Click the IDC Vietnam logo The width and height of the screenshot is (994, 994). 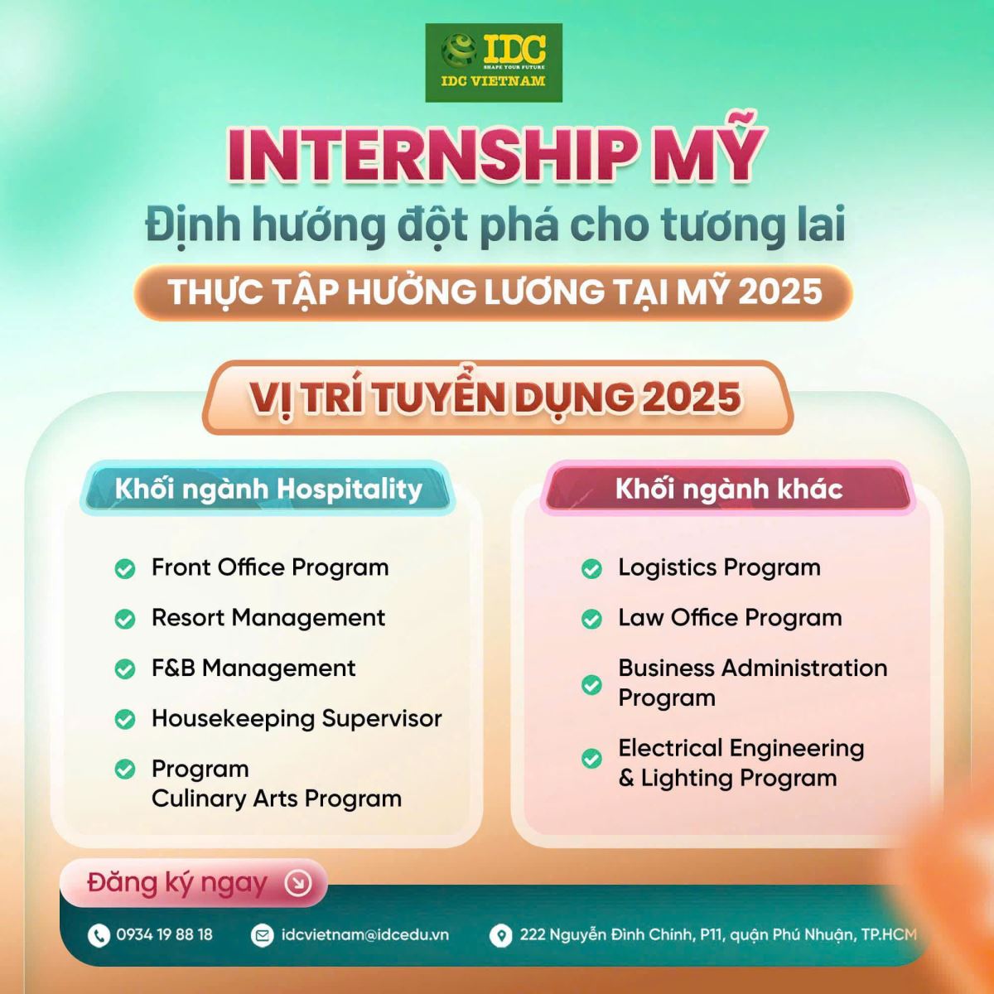click(494, 62)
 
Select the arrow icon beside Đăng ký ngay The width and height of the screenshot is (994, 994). click(299, 883)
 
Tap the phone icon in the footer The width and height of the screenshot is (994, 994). click(99, 935)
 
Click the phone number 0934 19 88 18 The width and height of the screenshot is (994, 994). click(165, 934)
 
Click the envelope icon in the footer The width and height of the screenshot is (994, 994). click(262, 935)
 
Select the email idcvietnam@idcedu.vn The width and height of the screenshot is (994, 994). click(365, 934)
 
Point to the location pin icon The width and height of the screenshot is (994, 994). click(500, 935)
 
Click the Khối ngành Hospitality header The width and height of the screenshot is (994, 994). click(268, 489)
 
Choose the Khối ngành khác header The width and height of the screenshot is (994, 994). click(728, 489)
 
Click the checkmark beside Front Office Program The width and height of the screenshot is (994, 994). click(125, 569)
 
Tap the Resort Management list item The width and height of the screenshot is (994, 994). click(268, 618)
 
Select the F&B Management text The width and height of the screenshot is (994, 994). click(253, 668)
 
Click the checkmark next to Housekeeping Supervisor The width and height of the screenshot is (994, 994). click(125, 719)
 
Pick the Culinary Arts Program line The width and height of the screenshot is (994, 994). click(277, 799)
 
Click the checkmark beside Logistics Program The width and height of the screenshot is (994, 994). click(591, 569)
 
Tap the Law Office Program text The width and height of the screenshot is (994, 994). click(731, 618)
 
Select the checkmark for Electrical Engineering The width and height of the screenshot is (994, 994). click(591, 759)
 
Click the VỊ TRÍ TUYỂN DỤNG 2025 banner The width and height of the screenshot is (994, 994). click(497, 398)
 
